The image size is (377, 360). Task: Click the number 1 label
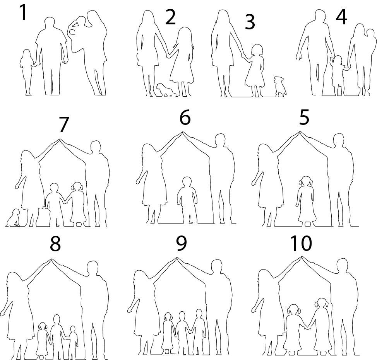(x=23, y=12)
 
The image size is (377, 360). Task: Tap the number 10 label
(x=301, y=243)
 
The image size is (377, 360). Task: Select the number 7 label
(x=63, y=125)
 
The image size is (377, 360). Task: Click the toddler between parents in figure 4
(x=339, y=75)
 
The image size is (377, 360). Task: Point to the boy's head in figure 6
(x=187, y=182)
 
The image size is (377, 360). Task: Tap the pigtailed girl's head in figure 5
(x=305, y=181)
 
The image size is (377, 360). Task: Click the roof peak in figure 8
(x=51, y=259)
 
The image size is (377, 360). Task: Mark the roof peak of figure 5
(x=300, y=132)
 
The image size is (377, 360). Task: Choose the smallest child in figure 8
(x=73, y=343)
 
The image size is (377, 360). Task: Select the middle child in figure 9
(x=182, y=333)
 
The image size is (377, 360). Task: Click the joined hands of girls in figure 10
(x=307, y=327)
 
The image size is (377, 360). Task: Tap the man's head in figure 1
(x=50, y=23)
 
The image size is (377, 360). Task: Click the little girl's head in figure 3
(x=257, y=50)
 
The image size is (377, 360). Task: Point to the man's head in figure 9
(x=217, y=266)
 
